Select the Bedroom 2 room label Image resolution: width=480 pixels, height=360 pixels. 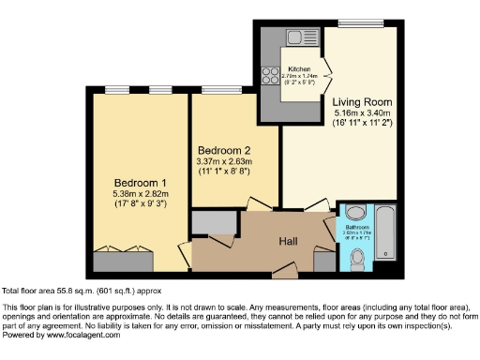click(225, 150)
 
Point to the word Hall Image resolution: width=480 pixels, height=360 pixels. click(289, 242)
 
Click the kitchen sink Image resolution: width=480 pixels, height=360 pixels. click(303, 38)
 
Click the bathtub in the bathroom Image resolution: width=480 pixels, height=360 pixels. click(384, 233)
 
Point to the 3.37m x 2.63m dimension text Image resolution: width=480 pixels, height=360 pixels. click(225, 160)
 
